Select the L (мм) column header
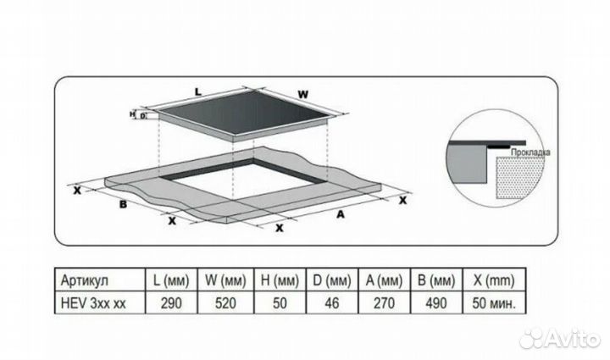click(x=171, y=280)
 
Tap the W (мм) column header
click(x=225, y=280)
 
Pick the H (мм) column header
click(x=280, y=280)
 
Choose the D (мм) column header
click(x=332, y=280)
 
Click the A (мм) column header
click(x=384, y=280)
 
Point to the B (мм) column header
click(x=436, y=280)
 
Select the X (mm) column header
click(x=494, y=280)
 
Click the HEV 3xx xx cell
click(x=93, y=303)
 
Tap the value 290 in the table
click(x=171, y=303)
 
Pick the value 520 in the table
click(x=225, y=303)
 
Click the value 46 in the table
click(x=332, y=303)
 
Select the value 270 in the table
click(x=384, y=303)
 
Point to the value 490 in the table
click(x=436, y=303)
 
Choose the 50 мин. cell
click(x=494, y=303)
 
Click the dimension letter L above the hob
click(x=198, y=92)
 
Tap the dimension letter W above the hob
click(x=303, y=95)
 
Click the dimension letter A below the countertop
click(x=341, y=214)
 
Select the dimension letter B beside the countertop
click(x=123, y=204)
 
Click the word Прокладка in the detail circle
click(x=530, y=152)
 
